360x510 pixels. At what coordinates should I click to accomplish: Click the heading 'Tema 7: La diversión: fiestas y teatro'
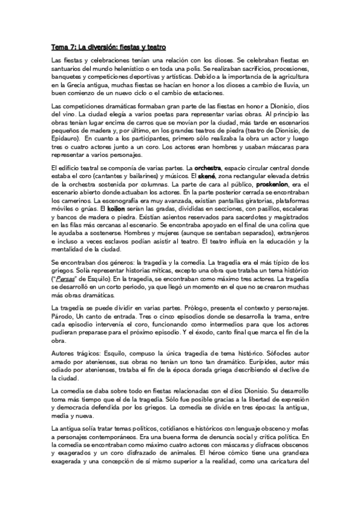pyautogui.click(x=108, y=47)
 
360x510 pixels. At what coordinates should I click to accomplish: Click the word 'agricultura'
pyautogui.click(x=288, y=78)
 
